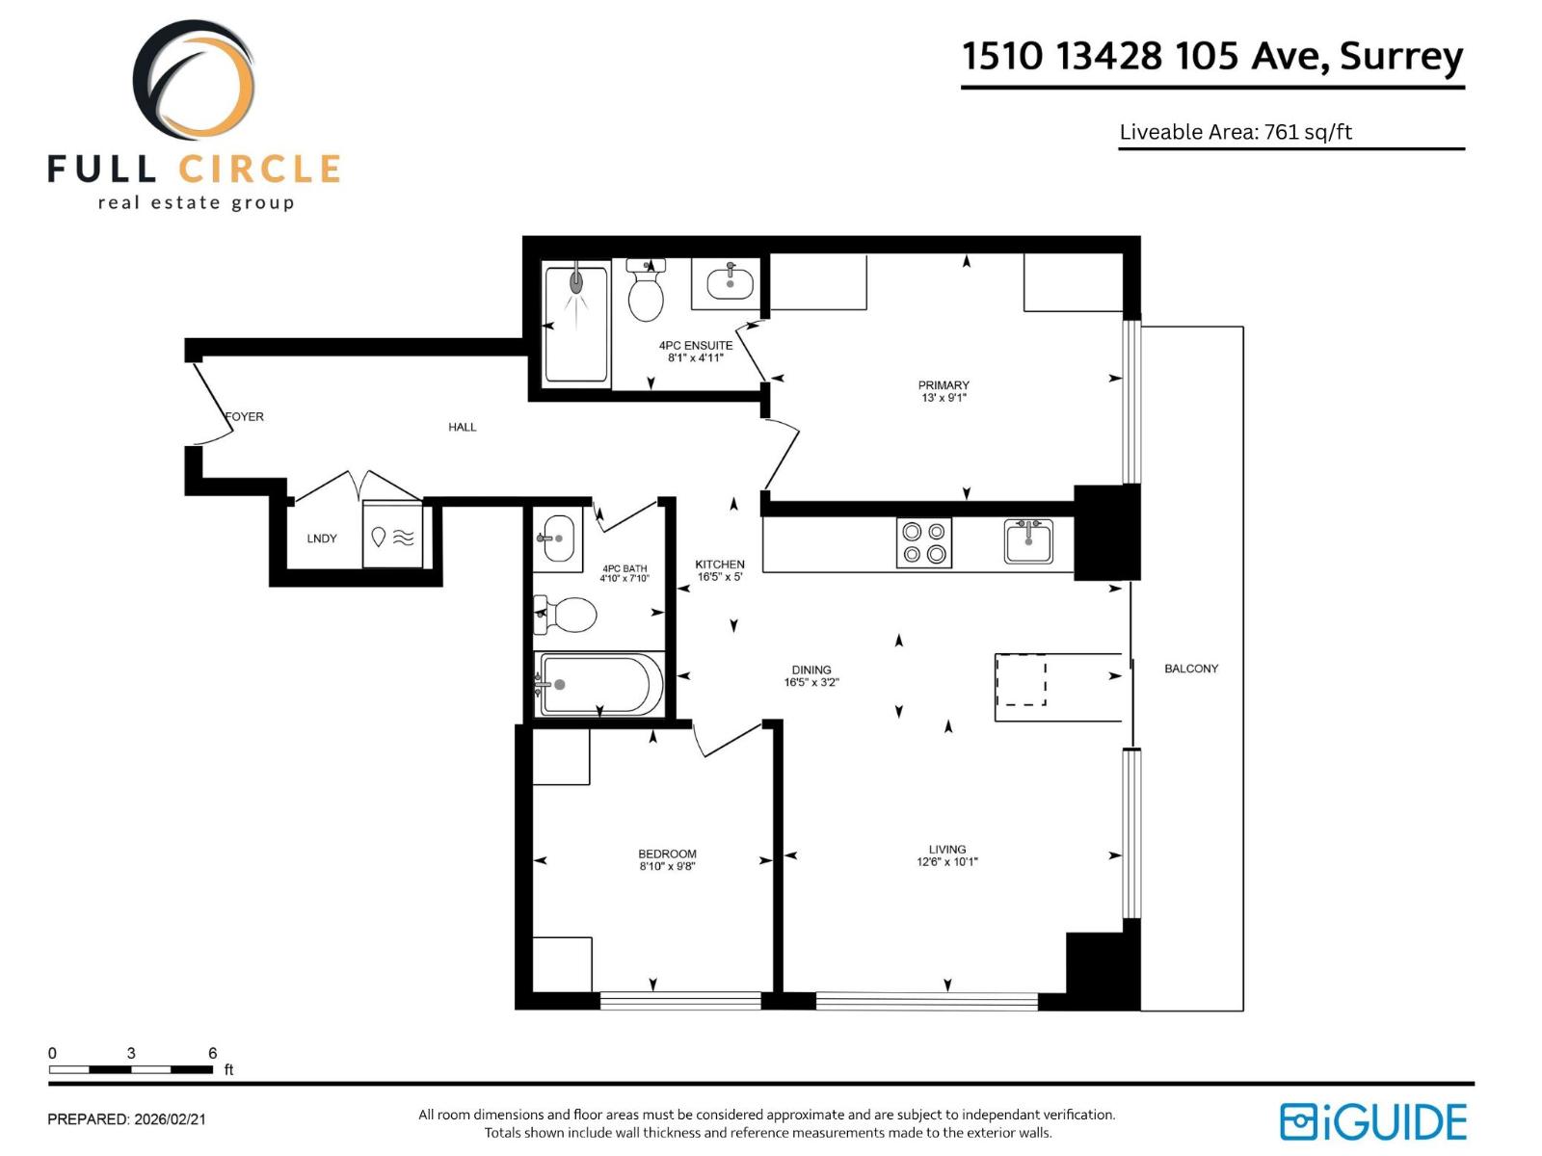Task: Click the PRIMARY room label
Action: [944, 385]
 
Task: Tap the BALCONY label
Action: [1191, 669]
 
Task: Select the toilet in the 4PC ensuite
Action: [646, 292]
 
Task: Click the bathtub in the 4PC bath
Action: [599, 684]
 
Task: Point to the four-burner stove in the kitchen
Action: [924, 543]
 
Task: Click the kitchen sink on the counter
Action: [1028, 541]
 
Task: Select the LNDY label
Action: [322, 539]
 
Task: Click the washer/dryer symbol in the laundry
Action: [393, 538]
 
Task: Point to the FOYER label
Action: [245, 417]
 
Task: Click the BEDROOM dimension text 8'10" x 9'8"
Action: [667, 867]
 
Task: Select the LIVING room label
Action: [947, 850]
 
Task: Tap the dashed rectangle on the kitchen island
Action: [1021, 680]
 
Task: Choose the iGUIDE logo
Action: [1373, 1122]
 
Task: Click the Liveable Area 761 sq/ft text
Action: [1236, 132]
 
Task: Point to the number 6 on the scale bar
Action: [213, 1053]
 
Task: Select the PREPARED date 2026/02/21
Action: [170, 1119]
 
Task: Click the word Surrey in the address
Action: [1401, 56]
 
